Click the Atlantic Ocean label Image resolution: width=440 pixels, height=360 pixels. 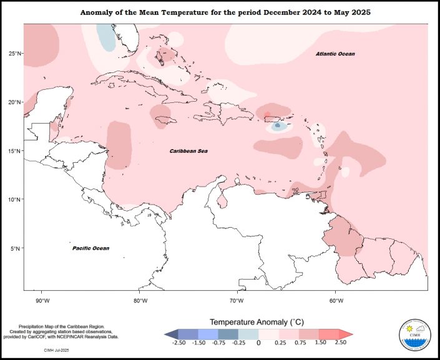[x=335, y=54]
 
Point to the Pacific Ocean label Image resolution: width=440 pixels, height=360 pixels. [x=90, y=248]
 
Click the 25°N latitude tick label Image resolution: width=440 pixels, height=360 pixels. [x=14, y=54]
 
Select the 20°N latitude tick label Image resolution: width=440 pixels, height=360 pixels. [x=14, y=102]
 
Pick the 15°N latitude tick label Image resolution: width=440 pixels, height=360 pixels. [x=14, y=151]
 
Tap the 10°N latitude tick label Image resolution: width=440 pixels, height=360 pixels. [x=14, y=200]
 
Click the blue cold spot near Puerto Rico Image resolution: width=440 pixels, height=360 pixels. [x=278, y=125]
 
